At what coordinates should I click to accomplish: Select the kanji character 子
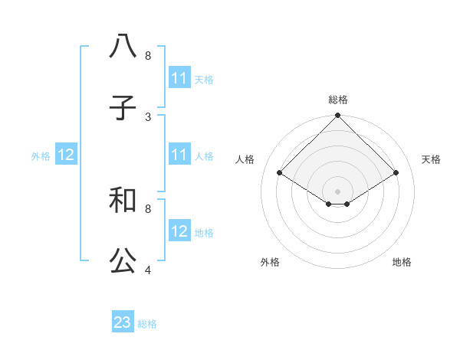(123, 108)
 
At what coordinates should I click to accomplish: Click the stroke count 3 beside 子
(148, 116)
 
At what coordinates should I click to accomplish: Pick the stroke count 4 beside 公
(148, 270)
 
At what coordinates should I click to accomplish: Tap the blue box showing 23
(123, 322)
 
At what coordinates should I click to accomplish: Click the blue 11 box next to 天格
(179, 78)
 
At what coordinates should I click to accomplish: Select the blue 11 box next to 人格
(179, 155)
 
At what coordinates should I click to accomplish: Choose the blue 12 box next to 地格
(179, 231)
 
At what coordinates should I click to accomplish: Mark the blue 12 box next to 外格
(66, 155)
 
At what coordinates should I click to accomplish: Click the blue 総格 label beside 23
(147, 324)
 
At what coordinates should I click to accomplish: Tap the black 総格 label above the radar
(338, 100)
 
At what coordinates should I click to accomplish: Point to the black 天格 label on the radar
(431, 159)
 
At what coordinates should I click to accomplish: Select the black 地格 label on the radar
(402, 262)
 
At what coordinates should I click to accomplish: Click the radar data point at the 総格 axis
(338, 116)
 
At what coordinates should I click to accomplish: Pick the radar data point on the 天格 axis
(396, 173)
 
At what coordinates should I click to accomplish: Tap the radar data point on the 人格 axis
(280, 173)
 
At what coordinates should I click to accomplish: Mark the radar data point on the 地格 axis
(347, 204)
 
